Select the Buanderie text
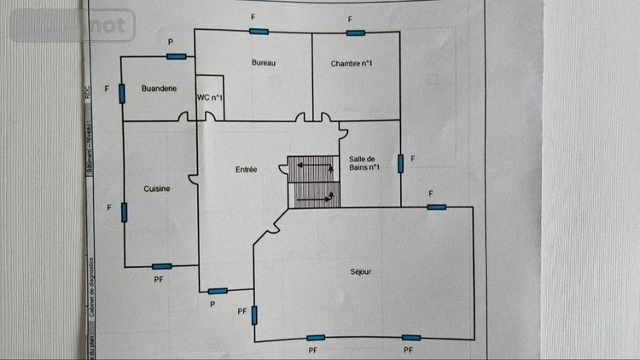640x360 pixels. (x=159, y=88)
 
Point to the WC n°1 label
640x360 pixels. (x=210, y=98)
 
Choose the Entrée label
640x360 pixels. (x=247, y=170)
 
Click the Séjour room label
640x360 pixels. (x=361, y=272)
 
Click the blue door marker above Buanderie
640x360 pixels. (x=176, y=56)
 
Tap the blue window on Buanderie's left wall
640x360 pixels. (x=123, y=91)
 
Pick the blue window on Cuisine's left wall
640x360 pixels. (x=125, y=212)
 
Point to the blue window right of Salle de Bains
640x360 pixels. (x=399, y=162)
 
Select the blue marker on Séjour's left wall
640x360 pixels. (x=253, y=315)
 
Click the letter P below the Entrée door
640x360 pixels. (x=212, y=304)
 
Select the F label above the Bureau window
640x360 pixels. (x=253, y=17)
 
